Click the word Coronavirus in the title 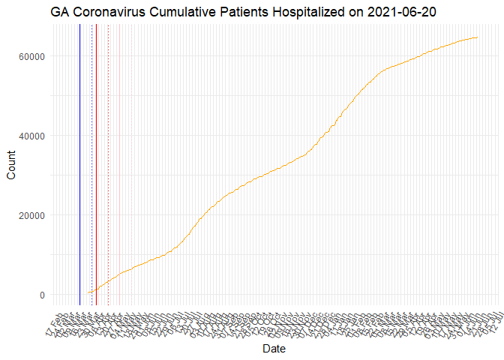pyautogui.click(x=108, y=12)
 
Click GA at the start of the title pyautogui.click(x=61, y=12)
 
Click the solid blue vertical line pyautogui.click(x=79, y=165)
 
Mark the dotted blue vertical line pyautogui.click(x=91, y=165)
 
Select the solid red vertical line pyautogui.click(x=96, y=165)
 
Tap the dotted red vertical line pyautogui.click(x=108, y=165)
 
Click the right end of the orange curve pyautogui.click(x=478, y=37)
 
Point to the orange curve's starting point pyautogui.click(x=88, y=292)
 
